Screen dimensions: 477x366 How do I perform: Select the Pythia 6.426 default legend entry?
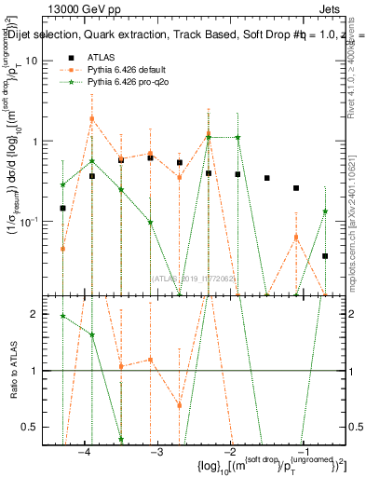(x=115, y=69)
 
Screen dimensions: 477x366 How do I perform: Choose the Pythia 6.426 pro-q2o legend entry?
(x=117, y=82)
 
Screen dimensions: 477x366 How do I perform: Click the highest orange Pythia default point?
(x=91, y=119)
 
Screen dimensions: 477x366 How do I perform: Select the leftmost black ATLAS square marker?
(x=62, y=209)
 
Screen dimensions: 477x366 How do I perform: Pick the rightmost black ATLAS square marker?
(x=325, y=255)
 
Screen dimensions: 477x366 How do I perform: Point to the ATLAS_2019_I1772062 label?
(x=194, y=278)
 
